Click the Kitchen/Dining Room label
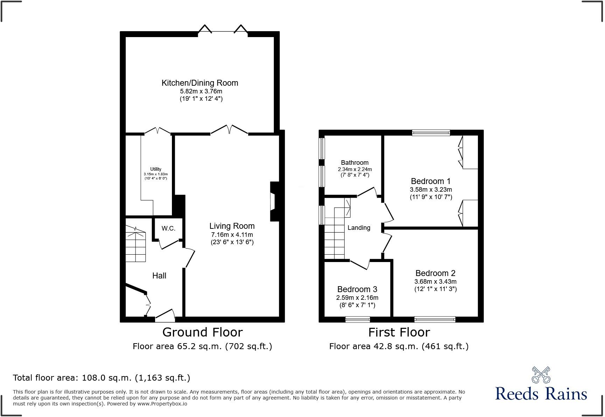tap(200, 83)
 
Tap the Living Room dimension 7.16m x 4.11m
tap(232, 235)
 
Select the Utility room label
tap(156, 169)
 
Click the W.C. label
tap(168, 228)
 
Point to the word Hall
tap(159, 276)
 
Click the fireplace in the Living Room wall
tap(273, 202)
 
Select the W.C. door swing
tap(169, 244)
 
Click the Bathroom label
tap(355, 163)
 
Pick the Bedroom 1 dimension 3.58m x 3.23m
tap(431, 190)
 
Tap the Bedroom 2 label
tap(435, 273)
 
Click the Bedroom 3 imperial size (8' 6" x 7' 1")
tap(357, 305)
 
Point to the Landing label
tap(359, 228)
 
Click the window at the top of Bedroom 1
tap(431, 133)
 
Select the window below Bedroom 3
tap(357, 319)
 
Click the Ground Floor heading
tap(202, 332)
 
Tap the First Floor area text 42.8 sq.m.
tap(398, 346)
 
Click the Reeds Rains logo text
tap(541, 394)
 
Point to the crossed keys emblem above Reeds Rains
tap(541, 375)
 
